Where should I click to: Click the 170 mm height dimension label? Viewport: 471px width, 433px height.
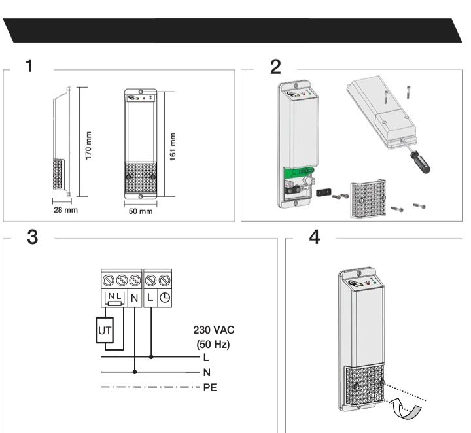88,146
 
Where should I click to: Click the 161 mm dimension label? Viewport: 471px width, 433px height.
173,147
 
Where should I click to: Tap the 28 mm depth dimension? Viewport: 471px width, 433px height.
65,210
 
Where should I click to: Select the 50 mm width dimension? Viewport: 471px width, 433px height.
141,211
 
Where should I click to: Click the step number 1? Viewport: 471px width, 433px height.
29,66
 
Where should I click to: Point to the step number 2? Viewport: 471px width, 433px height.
276,67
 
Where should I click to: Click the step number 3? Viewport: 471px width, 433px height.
33,237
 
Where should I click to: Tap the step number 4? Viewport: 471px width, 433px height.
315,237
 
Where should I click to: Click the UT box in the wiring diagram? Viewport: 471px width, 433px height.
105,330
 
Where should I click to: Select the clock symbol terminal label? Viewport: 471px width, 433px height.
165,298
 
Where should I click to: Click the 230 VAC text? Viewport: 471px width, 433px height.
213,330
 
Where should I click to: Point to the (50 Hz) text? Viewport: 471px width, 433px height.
213,344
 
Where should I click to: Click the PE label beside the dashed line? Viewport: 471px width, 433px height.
210,387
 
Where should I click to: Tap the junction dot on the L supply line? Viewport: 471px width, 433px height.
151,357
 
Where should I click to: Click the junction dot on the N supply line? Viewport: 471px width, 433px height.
135,372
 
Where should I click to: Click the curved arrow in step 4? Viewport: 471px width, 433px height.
407,409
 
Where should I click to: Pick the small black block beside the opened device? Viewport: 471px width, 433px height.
324,192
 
